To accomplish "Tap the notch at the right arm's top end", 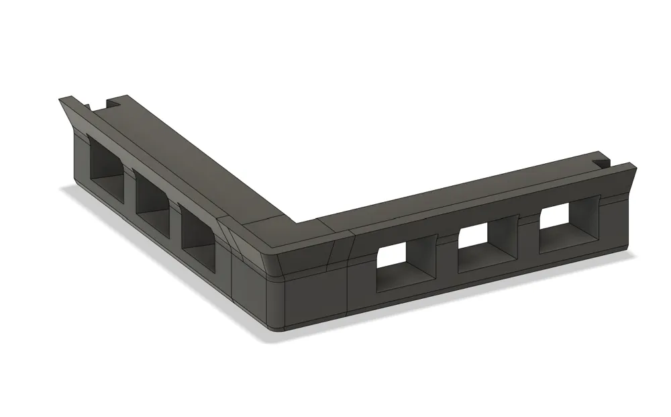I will tap(602, 163).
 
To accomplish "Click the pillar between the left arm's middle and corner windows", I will tap(174, 214).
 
